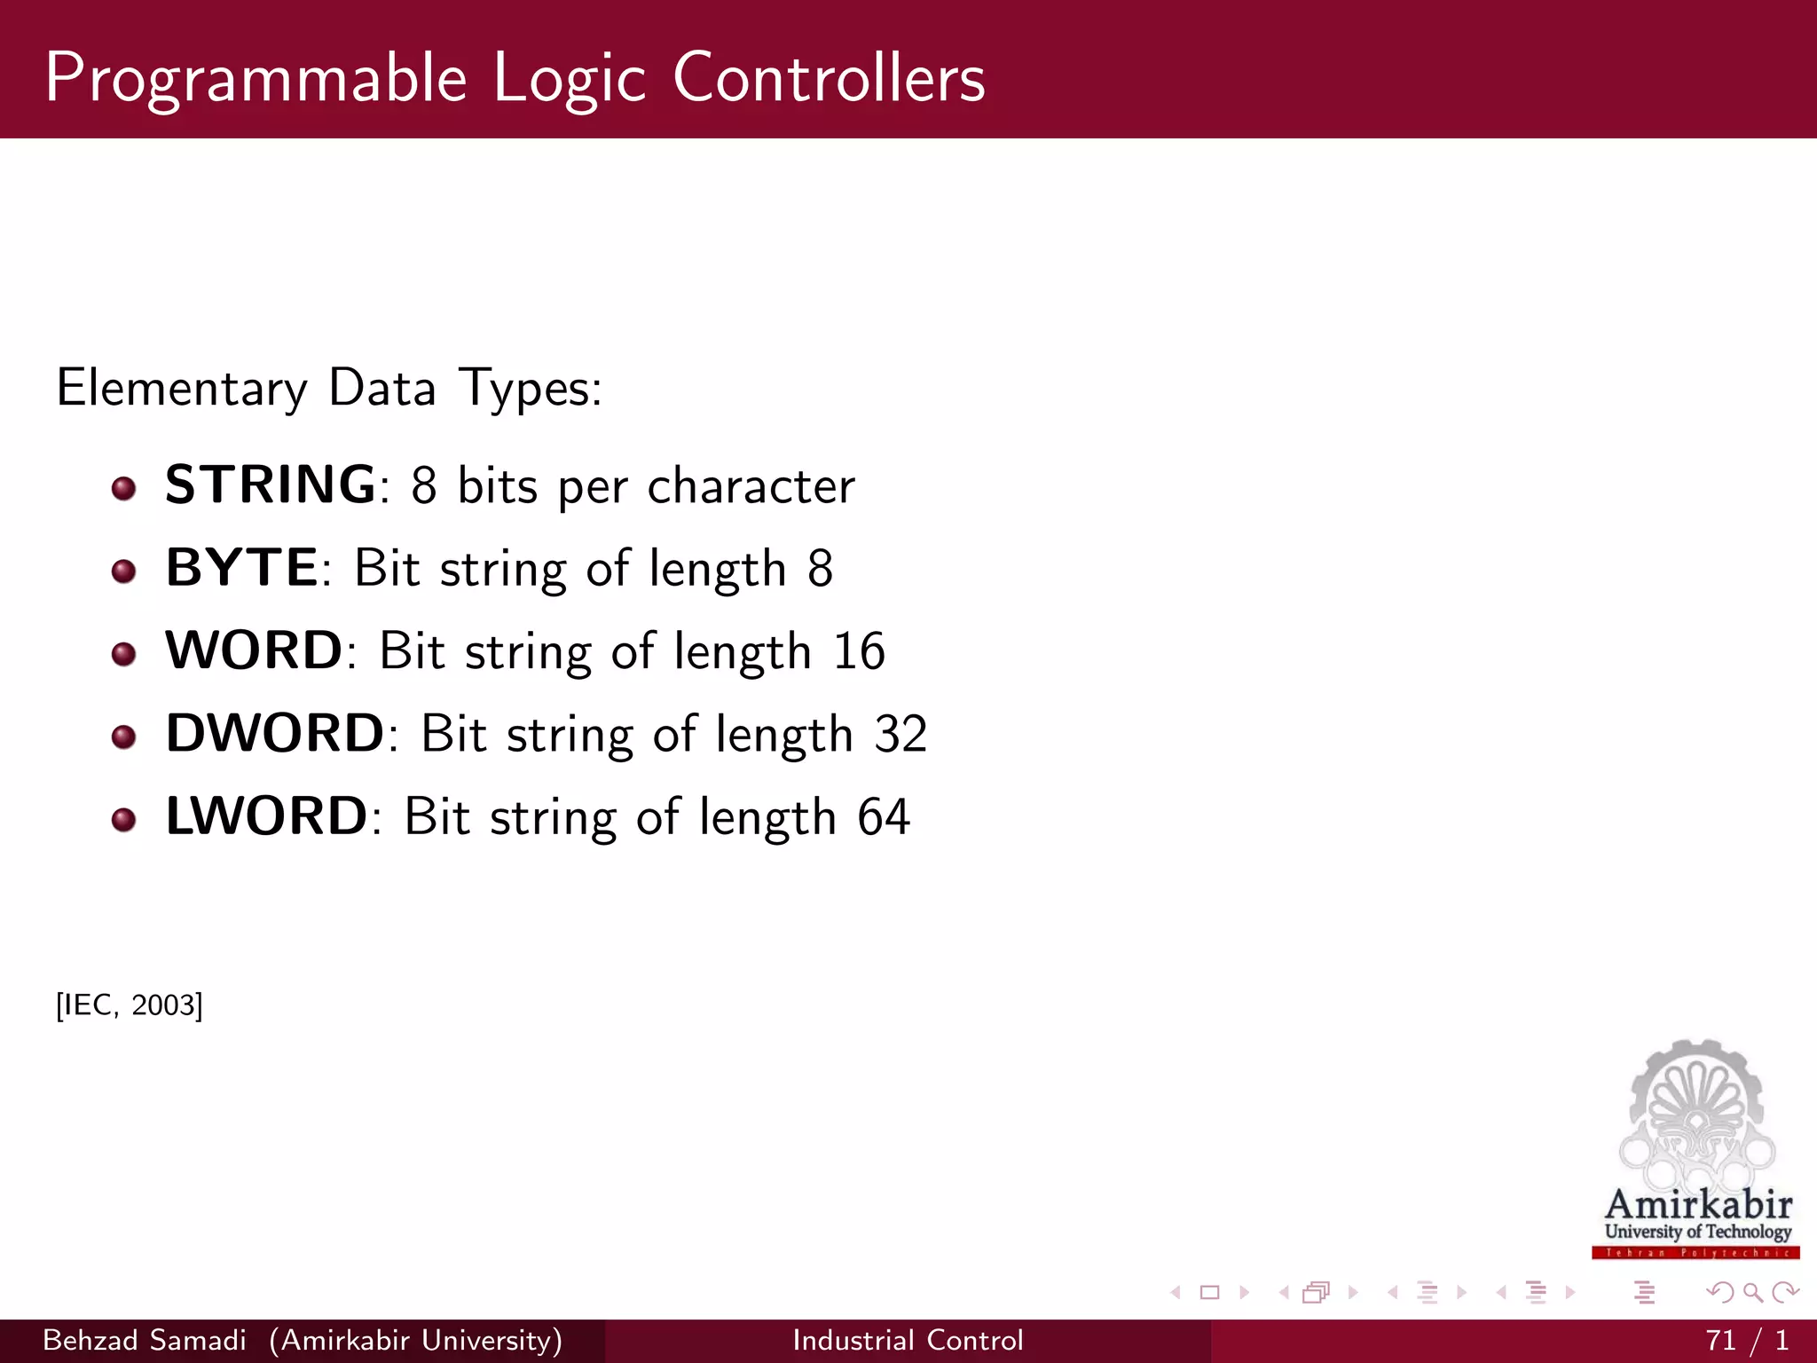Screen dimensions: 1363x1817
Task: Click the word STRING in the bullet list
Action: point(271,485)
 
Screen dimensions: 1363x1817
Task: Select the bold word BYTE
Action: point(241,568)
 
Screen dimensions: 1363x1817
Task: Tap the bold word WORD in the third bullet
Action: point(254,650)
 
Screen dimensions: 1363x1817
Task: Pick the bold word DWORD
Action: point(275,733)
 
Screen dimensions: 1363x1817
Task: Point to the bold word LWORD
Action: point(266,815)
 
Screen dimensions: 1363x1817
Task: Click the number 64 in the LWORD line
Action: point(884,816)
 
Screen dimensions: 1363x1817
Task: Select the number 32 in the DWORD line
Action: point(901,734)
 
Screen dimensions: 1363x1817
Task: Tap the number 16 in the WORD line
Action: point(859,651)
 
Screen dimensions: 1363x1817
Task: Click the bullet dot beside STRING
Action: point(124,488)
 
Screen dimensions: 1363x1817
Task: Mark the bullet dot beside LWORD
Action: point(124,819)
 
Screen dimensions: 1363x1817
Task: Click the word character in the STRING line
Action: point(751,486)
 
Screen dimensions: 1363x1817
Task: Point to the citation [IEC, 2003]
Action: point(130,1005)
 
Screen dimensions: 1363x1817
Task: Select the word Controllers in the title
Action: point(829,78)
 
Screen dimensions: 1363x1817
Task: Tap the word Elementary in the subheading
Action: point(182,389)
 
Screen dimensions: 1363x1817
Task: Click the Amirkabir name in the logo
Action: point(1698,1204)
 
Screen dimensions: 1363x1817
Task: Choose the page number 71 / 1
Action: point(1746,1340)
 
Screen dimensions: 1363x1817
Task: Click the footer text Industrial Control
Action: point(908,1340)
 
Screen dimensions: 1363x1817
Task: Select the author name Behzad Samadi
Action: point(145,1340)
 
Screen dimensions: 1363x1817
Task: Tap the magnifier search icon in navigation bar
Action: point(1752,1292)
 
